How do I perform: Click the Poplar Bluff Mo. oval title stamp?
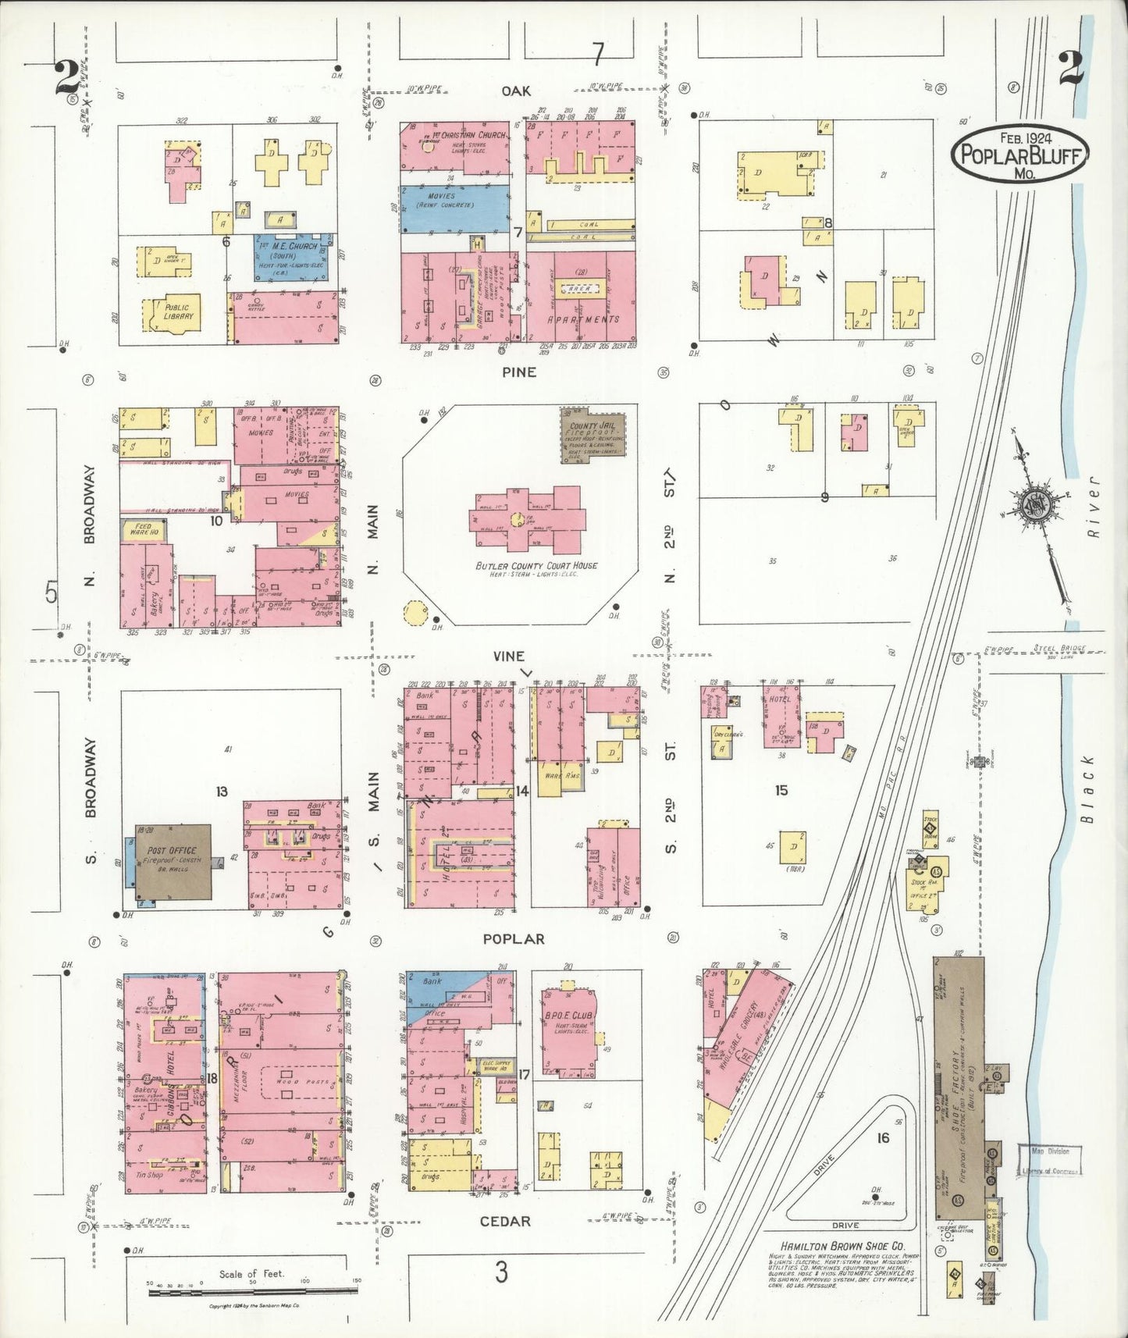click(1019, 153)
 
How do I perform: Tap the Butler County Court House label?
click(536, 565)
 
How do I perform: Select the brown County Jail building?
click(585, 437)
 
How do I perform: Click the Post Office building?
click(171, 862)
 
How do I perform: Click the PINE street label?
click(519, 372)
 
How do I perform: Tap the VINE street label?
click(508, 657)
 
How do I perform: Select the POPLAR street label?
click(513, 939)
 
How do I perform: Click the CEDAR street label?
click(505, 1222)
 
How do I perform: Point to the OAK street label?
click(516, 92)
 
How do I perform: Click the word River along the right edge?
click(1093, 507)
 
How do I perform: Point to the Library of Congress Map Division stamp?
click(1051, 1161)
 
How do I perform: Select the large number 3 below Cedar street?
click(500, 1273)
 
